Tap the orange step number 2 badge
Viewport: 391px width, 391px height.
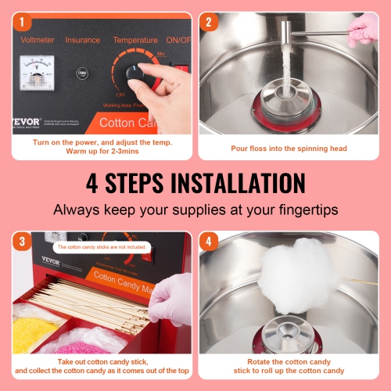click(x=208, y=23)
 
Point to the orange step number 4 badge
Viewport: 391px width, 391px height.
click(x=208, y=242)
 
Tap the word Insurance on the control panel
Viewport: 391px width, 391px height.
click(x=82, y=40)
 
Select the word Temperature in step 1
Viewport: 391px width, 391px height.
click(x=135, y=40)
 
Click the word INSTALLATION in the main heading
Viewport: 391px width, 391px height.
click(x=227, y=184)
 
